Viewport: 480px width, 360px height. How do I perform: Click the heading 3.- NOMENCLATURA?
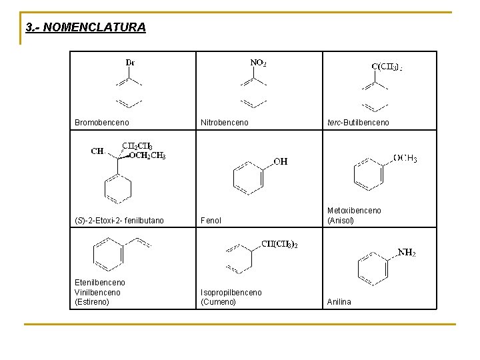(x=85, y=27)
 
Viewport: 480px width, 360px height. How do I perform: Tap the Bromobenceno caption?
(x=102, y=123)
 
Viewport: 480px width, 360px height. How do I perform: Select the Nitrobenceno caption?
(x=225, y=123)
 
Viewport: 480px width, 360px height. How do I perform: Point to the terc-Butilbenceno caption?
(x=358, y=123)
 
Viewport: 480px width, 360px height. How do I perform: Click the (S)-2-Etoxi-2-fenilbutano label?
(x=119, y=221)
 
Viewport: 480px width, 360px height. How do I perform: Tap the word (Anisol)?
(x=341, y=221)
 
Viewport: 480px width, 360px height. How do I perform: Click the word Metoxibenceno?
(x=354, y=211)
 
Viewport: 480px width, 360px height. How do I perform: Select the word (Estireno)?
(x=92, y=302)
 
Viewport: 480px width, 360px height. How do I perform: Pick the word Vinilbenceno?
(x=98, y=292)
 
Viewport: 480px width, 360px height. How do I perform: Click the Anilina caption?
(x=339, y=302)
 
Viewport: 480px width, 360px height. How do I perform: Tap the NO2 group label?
(x=258, y=63)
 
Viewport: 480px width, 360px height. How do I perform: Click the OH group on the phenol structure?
(x=281, y=161)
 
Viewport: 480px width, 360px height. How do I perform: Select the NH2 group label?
(x=407, y=253)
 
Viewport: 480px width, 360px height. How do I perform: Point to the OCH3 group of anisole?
(x=405, y=159)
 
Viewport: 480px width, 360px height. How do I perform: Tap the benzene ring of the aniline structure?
(x=372, y=268)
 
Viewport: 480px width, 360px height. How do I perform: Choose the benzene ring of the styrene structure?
(x=109, y=255)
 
